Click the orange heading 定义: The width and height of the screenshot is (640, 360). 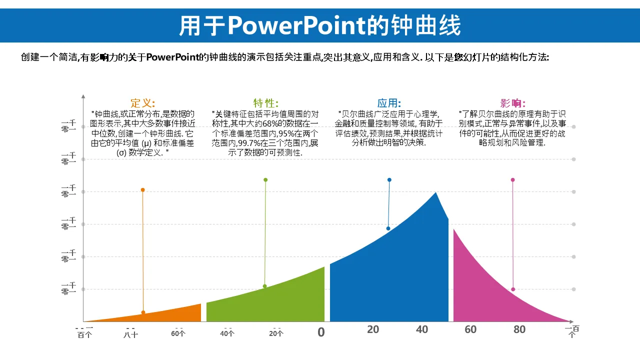click(x=143, y=103)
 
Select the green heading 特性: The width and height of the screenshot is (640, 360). click(x=265, y=103)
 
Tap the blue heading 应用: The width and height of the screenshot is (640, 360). click(x=389, y=103)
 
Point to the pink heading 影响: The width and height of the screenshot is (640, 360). click(x=513, y=103)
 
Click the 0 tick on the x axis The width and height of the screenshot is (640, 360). click(x=321, y=332)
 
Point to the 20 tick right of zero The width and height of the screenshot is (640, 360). click(x=373, y=329)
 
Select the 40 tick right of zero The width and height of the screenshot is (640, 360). click(x=422, y=329)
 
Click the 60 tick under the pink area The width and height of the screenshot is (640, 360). click(x=470, y=329)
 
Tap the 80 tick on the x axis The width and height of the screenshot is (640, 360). click(x=519, y=329)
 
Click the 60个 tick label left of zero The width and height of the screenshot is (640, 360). click(x=178, y=333)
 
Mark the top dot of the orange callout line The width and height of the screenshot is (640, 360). click(x=142, y=190)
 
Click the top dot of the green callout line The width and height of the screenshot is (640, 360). click(x=265, y=180)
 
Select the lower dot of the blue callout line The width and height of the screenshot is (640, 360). click(x=388, y=228)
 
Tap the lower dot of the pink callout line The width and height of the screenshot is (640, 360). click(x=513, y=289)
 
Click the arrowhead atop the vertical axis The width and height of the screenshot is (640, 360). click(x=83, y=95)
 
